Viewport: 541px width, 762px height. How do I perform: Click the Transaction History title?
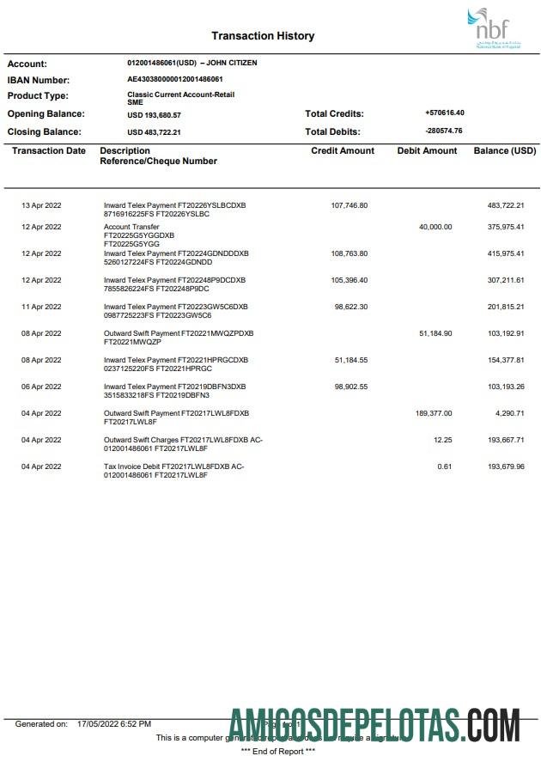263,36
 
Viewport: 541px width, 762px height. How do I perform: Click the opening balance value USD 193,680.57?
154,114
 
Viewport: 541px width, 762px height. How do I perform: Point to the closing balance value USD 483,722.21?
154,132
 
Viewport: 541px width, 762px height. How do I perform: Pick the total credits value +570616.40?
444,113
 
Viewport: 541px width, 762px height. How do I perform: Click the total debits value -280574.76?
444,131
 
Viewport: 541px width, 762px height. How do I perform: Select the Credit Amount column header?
343,150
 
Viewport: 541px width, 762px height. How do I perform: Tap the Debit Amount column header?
427,150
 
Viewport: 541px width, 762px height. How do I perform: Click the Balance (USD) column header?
505,150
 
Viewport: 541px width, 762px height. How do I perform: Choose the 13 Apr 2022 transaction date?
41,205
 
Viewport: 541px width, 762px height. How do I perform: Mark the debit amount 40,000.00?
435,227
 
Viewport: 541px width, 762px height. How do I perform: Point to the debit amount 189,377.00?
433,413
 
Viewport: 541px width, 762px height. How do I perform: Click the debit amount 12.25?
443,440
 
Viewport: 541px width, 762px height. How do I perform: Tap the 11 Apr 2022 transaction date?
41,307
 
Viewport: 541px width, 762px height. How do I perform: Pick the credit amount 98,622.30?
350,307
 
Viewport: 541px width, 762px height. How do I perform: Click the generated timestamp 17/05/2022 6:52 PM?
114,724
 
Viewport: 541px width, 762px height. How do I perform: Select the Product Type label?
38,96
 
